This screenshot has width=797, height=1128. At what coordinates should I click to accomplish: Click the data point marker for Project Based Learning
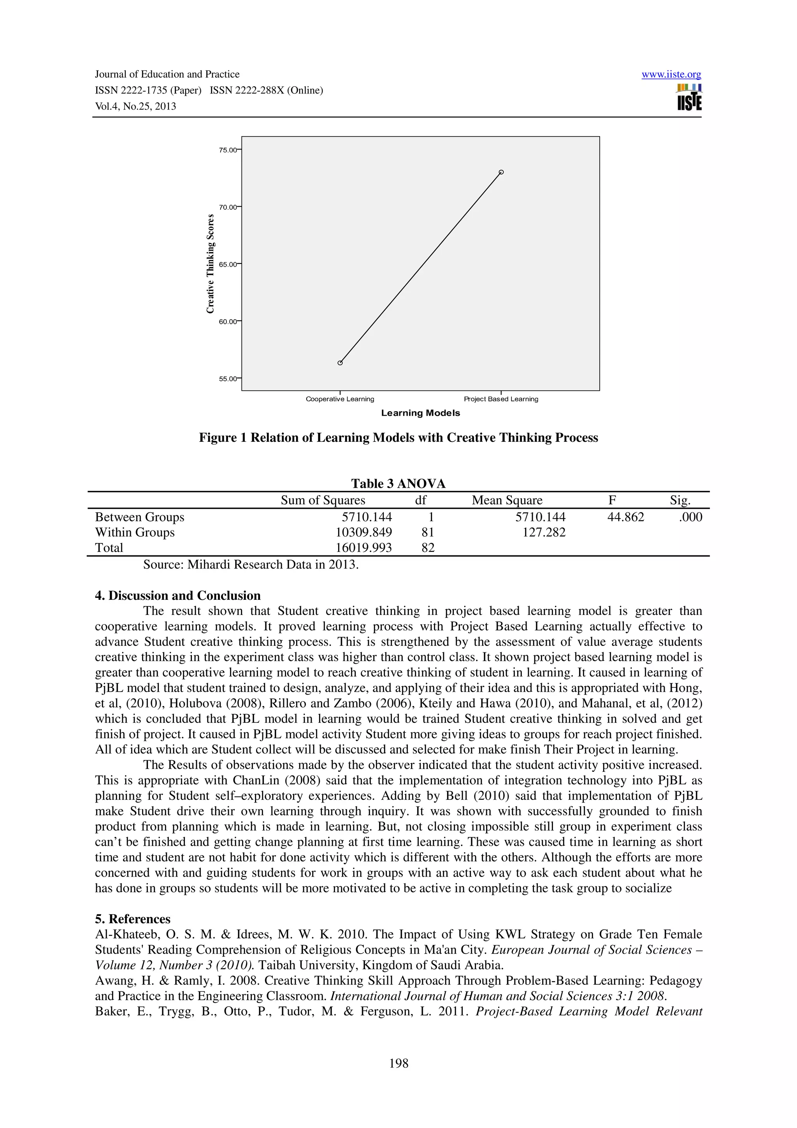501,172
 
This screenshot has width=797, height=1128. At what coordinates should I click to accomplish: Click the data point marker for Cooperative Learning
340,363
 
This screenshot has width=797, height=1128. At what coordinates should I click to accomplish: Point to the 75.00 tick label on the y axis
227,150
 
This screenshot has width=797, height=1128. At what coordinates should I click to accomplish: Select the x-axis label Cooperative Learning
340,399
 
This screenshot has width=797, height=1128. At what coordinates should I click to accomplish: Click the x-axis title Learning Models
420,413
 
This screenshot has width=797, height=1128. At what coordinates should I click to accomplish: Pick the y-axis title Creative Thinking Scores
211,264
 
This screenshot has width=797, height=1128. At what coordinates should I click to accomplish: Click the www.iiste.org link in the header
671,74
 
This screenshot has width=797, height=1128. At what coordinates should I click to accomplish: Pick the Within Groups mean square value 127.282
544,532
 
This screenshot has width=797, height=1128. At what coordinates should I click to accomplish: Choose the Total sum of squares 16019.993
363,547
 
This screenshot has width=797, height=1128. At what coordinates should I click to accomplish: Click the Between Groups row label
139,517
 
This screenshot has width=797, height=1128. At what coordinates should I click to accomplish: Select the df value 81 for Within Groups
428,532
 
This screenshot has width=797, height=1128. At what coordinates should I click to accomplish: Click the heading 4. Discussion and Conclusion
177,596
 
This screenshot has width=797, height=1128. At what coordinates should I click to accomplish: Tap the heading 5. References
133,919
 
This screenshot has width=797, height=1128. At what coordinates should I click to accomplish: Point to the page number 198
398,1063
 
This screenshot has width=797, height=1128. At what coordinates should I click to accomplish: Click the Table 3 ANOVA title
398,483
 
